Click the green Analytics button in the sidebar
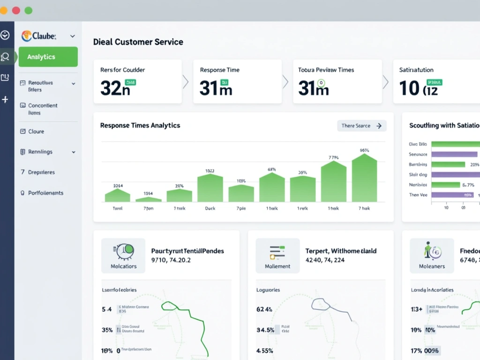(x=48, y=57)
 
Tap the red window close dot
(x=16, y=10)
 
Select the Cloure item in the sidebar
(x=36, y=132)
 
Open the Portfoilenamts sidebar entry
(x=45, y=193)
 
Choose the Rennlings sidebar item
(x=40, y=152)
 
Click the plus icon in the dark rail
(x=5, y=99)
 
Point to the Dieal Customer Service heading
(x=138, y=42)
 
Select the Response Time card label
(x=219, y=70)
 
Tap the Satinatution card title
(x=416, y=70)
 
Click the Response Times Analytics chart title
(x=140, y=125)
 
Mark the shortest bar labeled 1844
(x=148, y=199)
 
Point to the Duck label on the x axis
(x=210, y=208)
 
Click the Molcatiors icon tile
(x=123, y=255)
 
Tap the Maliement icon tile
(x=277, y=255)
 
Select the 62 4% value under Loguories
(x=265, y=309)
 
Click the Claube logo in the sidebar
(x=39, y=36)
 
